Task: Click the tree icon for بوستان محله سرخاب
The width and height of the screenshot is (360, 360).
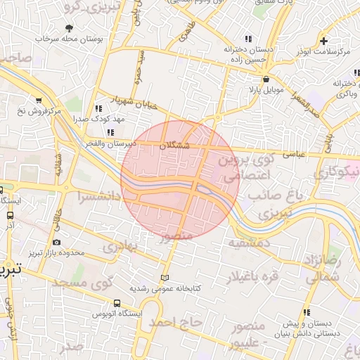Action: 68,28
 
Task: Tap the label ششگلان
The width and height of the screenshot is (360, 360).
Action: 174,145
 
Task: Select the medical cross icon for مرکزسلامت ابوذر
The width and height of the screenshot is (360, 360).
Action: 323,41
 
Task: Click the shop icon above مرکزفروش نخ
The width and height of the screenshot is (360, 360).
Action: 38,100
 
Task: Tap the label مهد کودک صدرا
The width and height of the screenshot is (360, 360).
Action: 102,120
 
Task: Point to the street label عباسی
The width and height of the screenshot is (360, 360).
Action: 293,152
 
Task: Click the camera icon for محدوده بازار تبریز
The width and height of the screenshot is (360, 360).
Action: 56,242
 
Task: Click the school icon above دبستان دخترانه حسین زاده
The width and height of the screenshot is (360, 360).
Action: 247,39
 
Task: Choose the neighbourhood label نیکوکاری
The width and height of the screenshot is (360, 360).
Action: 341,171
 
